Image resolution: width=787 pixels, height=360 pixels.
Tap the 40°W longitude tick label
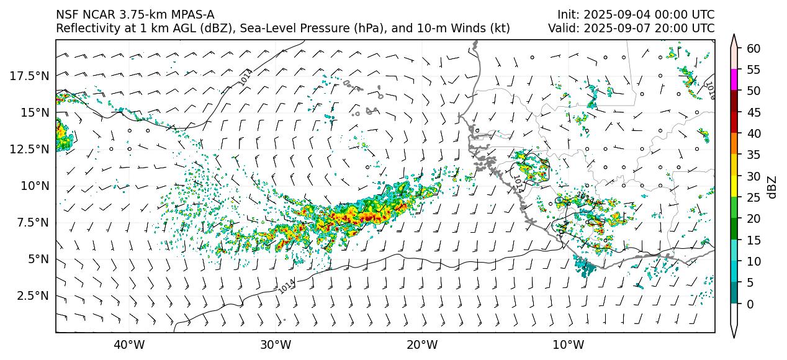[129, 344]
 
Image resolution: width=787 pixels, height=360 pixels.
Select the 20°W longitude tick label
[421, 344]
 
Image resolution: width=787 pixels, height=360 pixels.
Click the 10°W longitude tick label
[568, 344]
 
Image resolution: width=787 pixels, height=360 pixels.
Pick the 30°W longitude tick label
[276, 344]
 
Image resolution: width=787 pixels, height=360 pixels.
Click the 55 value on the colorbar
[753, 70]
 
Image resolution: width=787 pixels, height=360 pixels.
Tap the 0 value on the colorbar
[750, 304]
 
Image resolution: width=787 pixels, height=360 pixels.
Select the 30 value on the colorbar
[753, 176]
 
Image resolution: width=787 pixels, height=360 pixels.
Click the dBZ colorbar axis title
[773, 187]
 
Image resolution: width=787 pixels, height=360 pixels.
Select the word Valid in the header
[563, 28]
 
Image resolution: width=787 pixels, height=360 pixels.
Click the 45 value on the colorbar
[753, 112]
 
